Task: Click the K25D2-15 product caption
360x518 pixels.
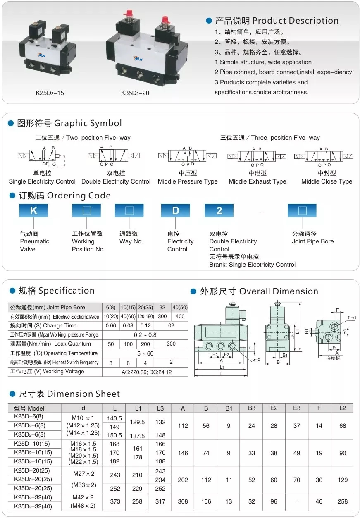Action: (x=50, y=93)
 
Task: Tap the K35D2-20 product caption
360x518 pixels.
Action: (x=135, y=93)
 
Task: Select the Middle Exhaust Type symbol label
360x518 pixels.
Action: (x=257, y=181)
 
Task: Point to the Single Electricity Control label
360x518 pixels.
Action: (x=42, y=181)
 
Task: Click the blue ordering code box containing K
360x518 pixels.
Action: (x=33, y=210)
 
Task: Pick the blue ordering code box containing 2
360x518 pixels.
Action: (x=219, y=210)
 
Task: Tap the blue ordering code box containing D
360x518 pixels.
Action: (x=175, y=210)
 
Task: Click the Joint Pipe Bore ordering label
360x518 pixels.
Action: (x=312, y=241)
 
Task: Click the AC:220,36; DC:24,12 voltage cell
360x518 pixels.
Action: (x=146, y=372)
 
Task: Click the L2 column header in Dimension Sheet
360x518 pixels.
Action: (x=342, y=408)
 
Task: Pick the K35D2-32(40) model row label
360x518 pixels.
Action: (x=33, y=506)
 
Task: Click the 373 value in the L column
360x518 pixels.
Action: (x=115, y=501)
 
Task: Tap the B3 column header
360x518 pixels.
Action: (x=251, y=408)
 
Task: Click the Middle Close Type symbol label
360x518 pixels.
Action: (x=327, y=181)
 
